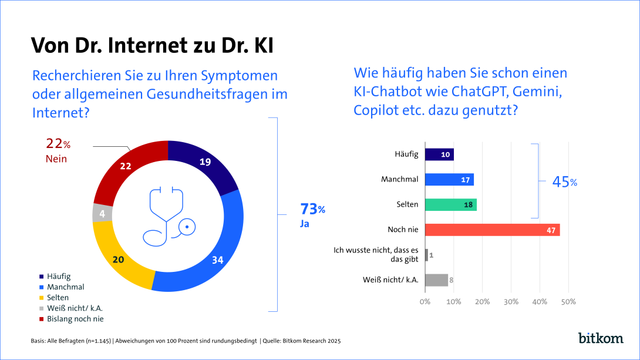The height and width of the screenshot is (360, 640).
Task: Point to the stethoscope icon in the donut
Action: click(169, 216)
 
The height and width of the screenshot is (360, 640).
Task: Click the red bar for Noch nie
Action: click(492, 230)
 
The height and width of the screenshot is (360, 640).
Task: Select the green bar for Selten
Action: click(450, 204)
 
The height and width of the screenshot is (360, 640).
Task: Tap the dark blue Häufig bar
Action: click(439, 154)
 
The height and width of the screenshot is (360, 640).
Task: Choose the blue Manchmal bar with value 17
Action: click(449, 180)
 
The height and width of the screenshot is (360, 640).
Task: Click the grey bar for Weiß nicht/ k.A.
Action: click(436, 280)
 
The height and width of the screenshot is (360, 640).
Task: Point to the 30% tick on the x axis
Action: click(511, 302)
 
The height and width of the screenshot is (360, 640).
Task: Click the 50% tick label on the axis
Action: click(568, 302)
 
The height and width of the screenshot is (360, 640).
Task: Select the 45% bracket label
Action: click(564, 182)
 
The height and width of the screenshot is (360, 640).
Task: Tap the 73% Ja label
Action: click(312, 214)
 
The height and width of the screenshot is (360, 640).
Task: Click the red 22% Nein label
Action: click(58, 150)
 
